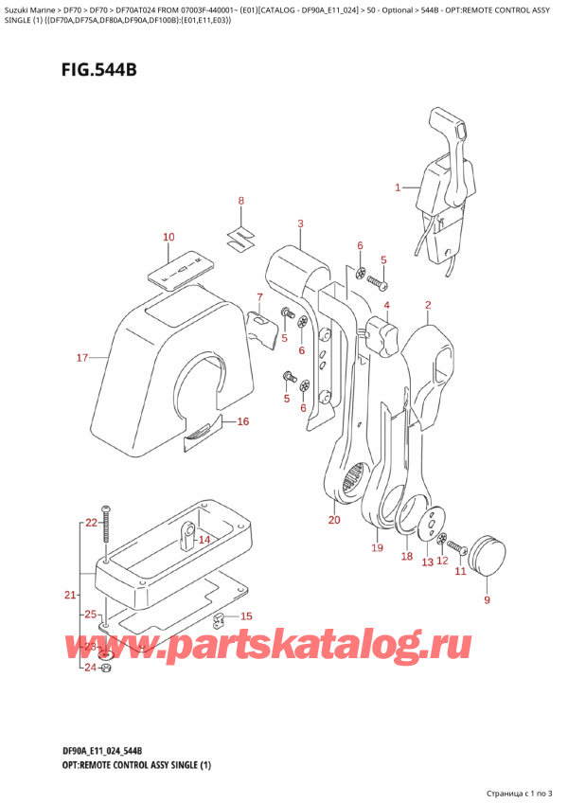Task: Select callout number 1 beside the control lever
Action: point(398,187)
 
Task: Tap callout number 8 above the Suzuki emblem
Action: point(241,202)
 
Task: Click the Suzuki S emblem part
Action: point(241,237)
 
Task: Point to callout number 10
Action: point(169,237)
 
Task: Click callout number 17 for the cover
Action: point(82,357)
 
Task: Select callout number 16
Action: point(243,421)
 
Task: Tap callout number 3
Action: point(300,223)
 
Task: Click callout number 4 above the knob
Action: point(386,305)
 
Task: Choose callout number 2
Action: point(428,305)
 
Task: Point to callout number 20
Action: point(334,520)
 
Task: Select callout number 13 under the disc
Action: point(427,562)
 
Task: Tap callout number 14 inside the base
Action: point(204,540)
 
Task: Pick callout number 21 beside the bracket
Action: point(70,595)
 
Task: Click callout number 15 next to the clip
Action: point(246,616)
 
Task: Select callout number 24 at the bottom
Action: point(90,668)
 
